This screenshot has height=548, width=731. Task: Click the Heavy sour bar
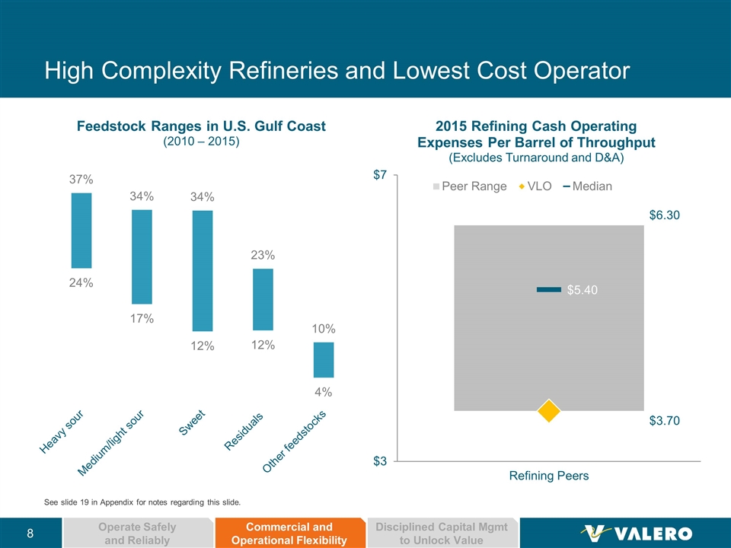click(81, 231)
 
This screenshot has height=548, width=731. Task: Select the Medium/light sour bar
click(142, 257)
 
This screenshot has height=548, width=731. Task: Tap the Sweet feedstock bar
click(203, 271)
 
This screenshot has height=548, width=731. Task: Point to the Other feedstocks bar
click(324, 360)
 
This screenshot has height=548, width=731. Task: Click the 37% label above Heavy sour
click(81, 180)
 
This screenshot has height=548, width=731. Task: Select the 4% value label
click(324, 393)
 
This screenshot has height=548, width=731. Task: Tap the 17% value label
click(142, 319)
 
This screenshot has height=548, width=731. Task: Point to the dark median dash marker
click(548, 289)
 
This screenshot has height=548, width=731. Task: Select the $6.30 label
click(664, 215)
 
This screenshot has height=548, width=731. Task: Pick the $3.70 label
click(664, 420)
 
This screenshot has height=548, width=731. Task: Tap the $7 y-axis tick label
click(379, 176)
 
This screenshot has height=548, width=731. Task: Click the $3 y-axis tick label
click(379, 461)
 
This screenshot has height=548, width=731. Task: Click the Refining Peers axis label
click(548, 476)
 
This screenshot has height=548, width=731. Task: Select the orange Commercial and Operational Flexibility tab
click(290, 534)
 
